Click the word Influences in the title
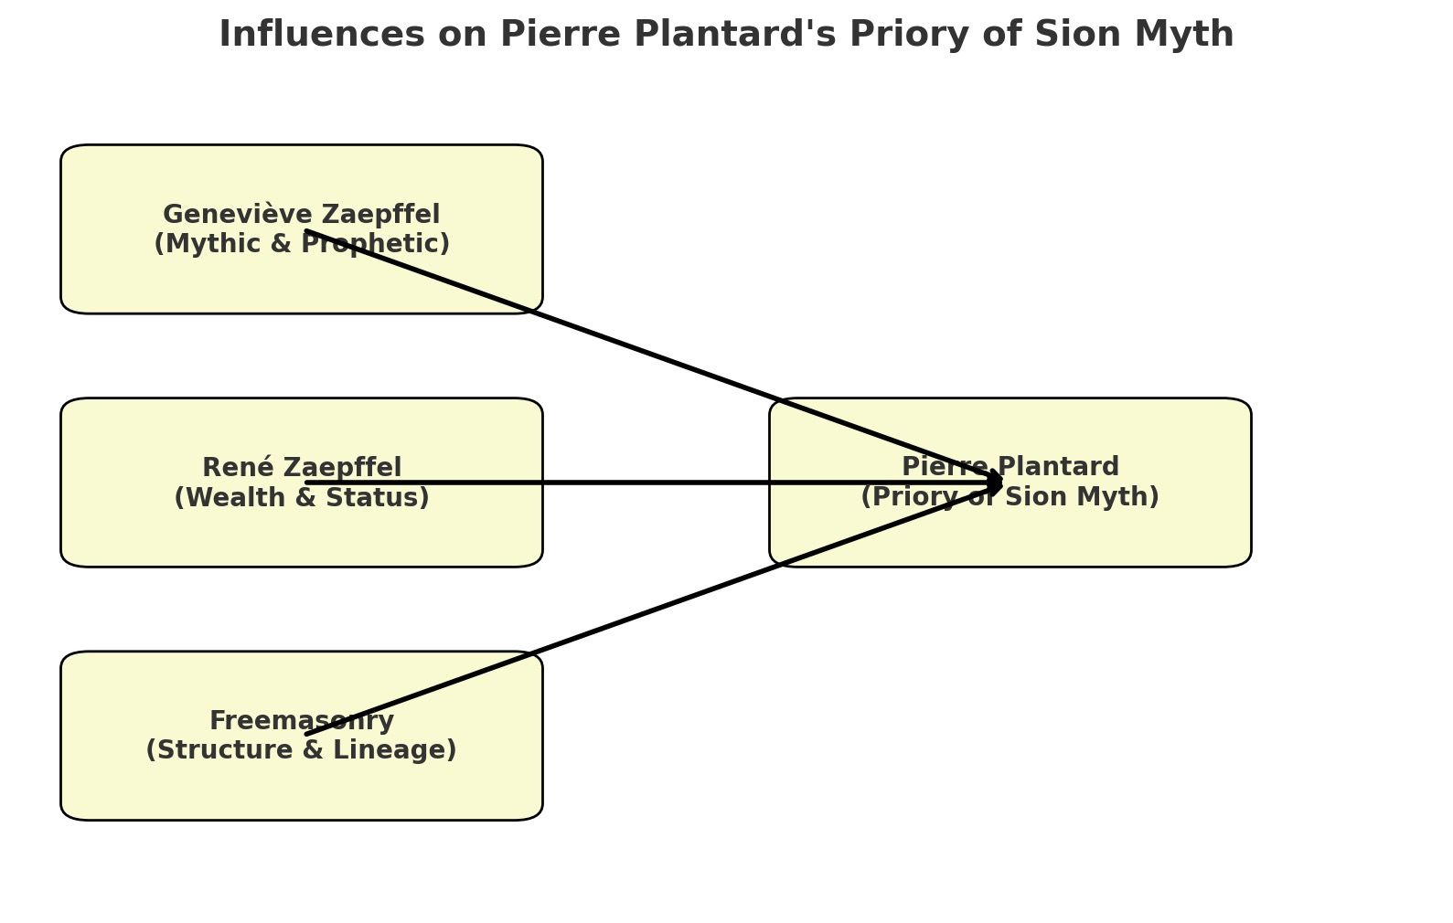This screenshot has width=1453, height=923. [321, 35]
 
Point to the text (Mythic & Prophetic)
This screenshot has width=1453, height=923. [302, 244]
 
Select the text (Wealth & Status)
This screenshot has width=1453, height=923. [302, 498]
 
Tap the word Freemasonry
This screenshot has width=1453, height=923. [302, 721]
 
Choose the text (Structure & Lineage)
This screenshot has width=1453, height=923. [302, 750]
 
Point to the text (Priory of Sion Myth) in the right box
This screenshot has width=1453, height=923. [1010, 497]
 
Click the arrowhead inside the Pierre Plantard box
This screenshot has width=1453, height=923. [997, 482]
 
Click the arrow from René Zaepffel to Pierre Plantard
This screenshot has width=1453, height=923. [640, 482]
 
